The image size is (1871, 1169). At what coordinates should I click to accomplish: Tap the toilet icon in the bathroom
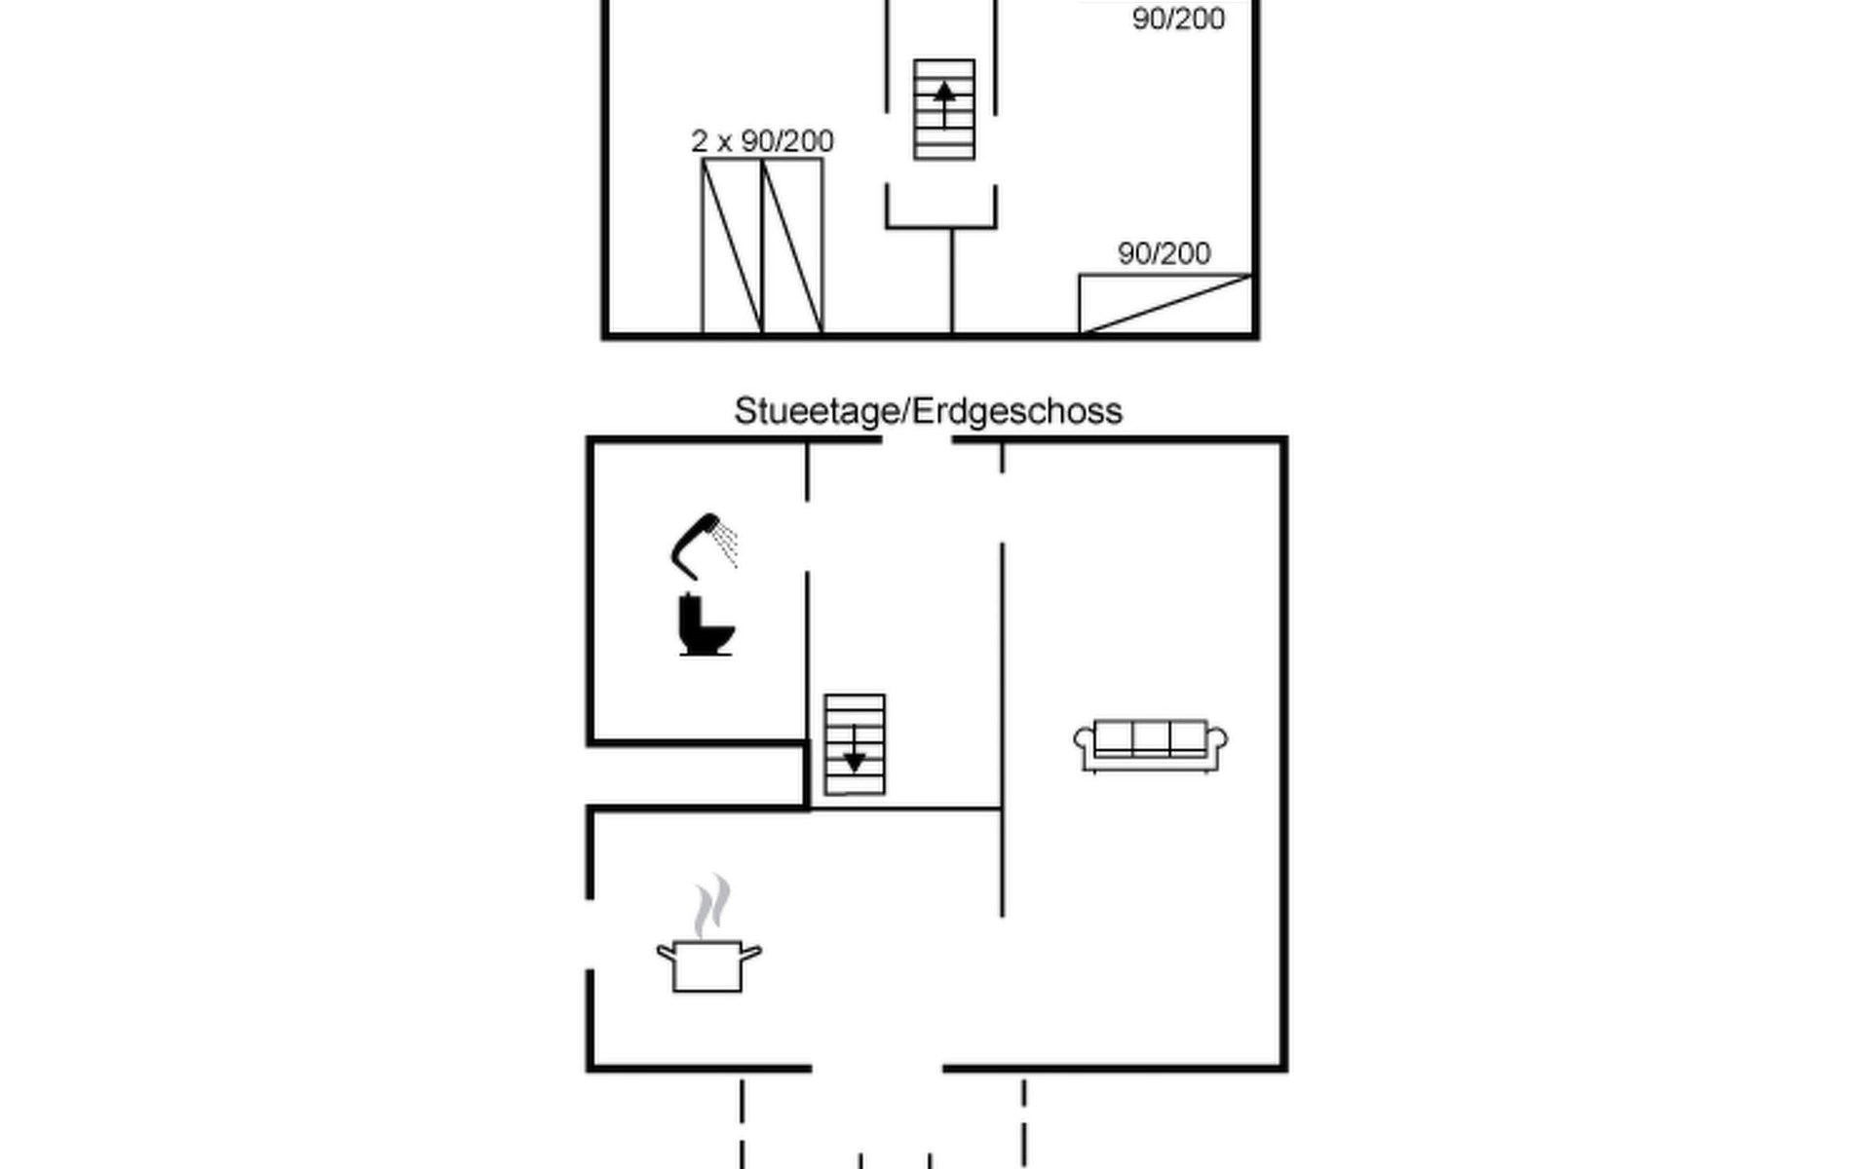tap(705, 625)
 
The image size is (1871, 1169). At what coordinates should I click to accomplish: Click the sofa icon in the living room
tap(1150, 746)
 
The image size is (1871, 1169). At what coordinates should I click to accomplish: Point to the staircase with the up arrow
tap(944, 109)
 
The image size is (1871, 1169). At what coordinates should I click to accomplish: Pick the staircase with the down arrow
tap(855, 744)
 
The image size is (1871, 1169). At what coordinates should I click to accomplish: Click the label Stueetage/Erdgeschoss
tap(928, 411)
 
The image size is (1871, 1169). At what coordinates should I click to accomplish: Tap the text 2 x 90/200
tap(762, 141)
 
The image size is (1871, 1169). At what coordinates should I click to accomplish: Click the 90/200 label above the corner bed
tap(1164, 253)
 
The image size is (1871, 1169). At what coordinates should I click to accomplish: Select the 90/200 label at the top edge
tap(1178, 19)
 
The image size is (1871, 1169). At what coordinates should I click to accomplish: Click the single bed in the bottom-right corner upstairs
tap(1165, 304)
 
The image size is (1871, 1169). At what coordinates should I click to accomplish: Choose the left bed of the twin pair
tap(732, 246)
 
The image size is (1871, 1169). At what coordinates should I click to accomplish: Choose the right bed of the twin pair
tap(792, 246)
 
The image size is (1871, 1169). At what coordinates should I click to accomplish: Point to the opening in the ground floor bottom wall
tap(877, 1069)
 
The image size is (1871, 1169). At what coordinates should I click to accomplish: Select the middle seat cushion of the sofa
tap(1151, 737)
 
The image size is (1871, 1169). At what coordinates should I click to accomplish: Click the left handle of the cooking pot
tap(666, 952)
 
